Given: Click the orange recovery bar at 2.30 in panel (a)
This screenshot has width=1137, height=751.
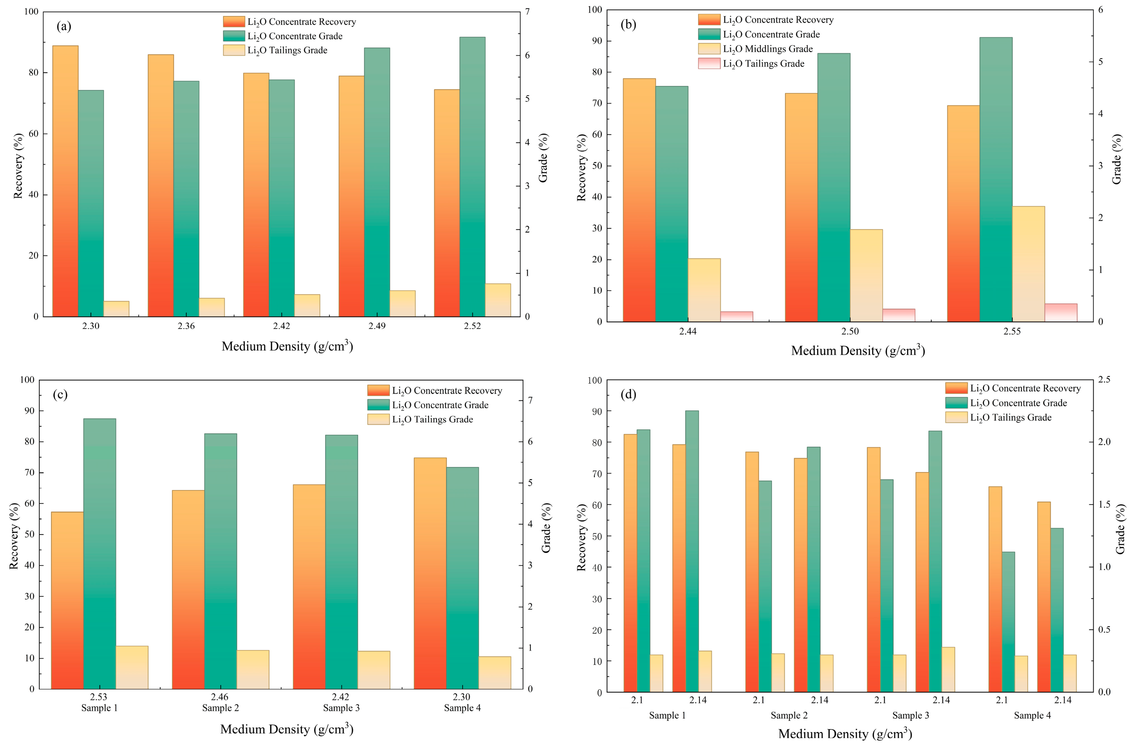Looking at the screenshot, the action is coord(65,181).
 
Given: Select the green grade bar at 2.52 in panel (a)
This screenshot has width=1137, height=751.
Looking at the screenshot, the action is coord(472,177).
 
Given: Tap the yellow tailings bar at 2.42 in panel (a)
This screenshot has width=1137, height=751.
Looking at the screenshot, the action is coord(307,305).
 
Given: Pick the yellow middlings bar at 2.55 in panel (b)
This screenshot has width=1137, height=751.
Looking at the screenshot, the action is coord(1028,264).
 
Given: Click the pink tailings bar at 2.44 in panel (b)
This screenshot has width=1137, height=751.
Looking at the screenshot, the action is coord(736,317).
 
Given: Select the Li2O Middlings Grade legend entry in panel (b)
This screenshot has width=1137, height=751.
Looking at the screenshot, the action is coord(756,49).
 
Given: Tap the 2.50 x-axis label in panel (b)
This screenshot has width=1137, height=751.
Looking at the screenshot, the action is coord(851,331).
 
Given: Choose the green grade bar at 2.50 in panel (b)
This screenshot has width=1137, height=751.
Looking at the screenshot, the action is coord(834,188).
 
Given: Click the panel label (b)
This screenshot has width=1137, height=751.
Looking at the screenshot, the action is coord(628,24).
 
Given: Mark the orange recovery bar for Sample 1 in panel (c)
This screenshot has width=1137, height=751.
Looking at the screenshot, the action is coord(68,601).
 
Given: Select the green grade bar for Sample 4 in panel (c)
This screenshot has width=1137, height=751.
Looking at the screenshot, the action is coord(462,578).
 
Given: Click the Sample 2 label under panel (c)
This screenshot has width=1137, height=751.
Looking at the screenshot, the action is coord(220,708).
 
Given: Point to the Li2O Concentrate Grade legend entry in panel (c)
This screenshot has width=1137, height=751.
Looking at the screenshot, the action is coord(428,405).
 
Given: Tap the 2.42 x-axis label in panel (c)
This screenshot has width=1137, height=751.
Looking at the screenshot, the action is coord(341,697).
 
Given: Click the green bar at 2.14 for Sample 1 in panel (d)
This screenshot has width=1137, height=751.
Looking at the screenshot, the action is coord(692,551).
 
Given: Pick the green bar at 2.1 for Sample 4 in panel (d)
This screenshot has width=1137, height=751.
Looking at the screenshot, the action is coord(1008,622).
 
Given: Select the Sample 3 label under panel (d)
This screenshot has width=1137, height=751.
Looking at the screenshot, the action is coord(910,715).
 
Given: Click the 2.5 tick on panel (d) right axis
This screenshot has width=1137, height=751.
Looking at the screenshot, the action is coord(1104,380).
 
